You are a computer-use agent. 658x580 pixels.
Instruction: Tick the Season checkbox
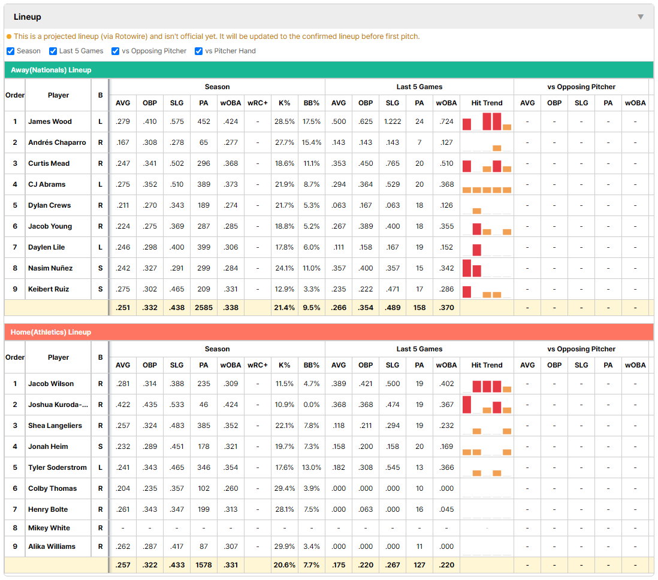click(x=11, y=51)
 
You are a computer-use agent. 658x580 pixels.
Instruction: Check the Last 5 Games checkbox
click(x=53, y=51)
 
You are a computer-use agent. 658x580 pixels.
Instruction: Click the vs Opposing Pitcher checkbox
click(x=116, y=51)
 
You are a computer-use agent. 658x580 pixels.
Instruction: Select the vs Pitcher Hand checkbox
click(x=198, y=51)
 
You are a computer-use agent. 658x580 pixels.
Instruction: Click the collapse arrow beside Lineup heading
click(x=641, y=17)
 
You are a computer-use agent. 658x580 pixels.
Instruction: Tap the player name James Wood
click(x=50, y=122)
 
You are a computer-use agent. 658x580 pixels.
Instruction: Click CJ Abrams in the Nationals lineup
click(x=47, y=184)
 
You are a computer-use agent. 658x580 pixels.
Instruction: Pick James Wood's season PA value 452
click(x=204, y=122)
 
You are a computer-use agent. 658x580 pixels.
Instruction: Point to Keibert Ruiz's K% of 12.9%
click(x=284, y=289)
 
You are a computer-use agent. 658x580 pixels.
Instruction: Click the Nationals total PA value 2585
click(x=204, y=308)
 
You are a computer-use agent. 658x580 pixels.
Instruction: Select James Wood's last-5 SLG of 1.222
click(x=393, y=122)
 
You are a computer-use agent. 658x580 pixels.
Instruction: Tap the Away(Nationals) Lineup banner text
click(x=51, y=70)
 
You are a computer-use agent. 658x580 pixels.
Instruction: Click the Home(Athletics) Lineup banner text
click(x=51, y=332)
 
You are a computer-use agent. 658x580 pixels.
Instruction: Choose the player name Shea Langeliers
click(x=55, y=426)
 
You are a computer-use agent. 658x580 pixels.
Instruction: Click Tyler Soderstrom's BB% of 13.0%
click(x=312, y=467)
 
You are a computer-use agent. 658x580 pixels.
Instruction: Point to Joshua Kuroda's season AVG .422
click(x=122, y=405)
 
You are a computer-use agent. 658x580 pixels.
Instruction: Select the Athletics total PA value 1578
click(x=204, y=565)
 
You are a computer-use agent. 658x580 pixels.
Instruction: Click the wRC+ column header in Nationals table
click(x=257, y=103)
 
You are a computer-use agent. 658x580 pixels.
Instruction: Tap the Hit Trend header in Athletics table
click(x=487, y=366)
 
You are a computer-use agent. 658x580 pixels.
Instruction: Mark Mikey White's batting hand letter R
click(x=100, y=528)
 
